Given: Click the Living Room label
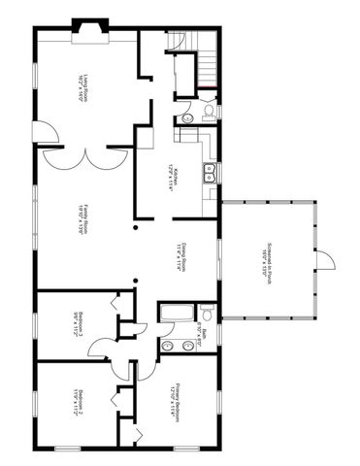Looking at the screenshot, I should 87,88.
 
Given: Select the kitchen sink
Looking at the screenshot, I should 209,175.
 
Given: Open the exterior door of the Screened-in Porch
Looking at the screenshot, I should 328,260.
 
